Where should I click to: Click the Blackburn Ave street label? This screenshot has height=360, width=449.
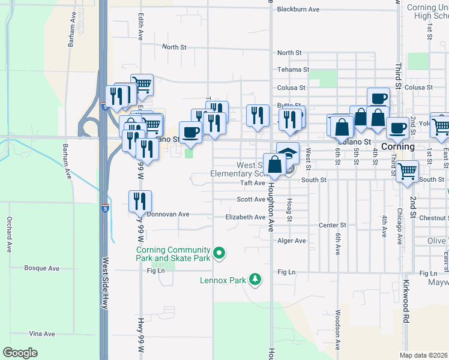click(x=298, y=10)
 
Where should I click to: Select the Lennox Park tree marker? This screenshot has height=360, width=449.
click(x=256, y=280)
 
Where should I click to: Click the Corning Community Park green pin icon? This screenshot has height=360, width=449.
click(x=219, y=254)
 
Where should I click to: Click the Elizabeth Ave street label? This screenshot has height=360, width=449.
click(x=245, y=217)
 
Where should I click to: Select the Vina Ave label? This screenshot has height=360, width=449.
click(x=42, y=334)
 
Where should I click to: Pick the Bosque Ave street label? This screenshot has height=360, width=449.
click(x=40, y=268)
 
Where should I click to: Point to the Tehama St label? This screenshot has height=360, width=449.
click(x=293, y=70)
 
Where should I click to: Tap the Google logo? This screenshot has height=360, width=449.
click(x=20, y=353)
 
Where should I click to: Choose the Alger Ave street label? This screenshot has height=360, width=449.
click(x=292, y=241)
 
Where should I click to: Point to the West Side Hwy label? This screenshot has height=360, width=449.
click(x=104, y=283)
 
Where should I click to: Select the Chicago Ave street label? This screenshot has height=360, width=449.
click(x=399, y=227)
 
